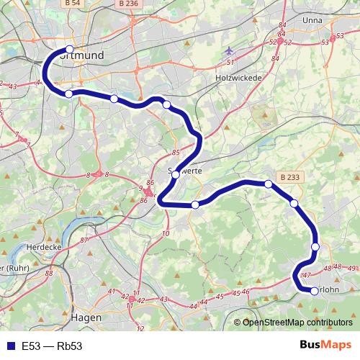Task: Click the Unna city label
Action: [312, 20]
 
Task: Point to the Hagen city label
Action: [86, 316]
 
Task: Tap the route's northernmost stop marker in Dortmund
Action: [70, 50]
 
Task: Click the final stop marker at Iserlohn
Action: [315, 291]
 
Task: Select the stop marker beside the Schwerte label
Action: [176, 174]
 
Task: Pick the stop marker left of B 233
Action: [269, 184]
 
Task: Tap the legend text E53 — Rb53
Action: [52, 346]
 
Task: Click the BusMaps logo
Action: [325, 345]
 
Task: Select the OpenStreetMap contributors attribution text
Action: [297, 323]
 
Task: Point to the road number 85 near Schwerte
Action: [176, 153]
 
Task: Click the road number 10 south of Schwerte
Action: [166, 234]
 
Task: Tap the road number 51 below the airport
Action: [231, 63]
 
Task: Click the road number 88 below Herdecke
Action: [49, 273]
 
